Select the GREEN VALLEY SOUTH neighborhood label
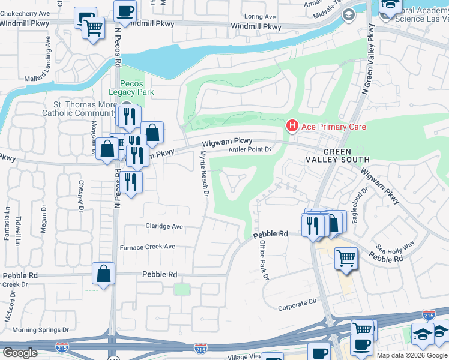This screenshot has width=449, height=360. click(x=346, y=155)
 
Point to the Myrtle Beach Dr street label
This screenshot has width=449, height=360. click(x=203, y=175)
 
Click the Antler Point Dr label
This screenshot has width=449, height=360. click(x=250, y=149)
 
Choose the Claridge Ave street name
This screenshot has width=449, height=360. click(x=164, y=227)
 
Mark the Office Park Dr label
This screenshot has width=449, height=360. click(x=262, y=260)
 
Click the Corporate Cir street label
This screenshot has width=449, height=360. click(x=297, y=307)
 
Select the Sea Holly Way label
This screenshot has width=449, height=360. click(x=396, y=246)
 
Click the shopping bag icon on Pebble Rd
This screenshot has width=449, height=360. click(x=104, y=273)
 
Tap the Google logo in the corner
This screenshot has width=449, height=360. click(x=19, y=353)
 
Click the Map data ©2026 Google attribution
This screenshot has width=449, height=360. click(x=412, y=355)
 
